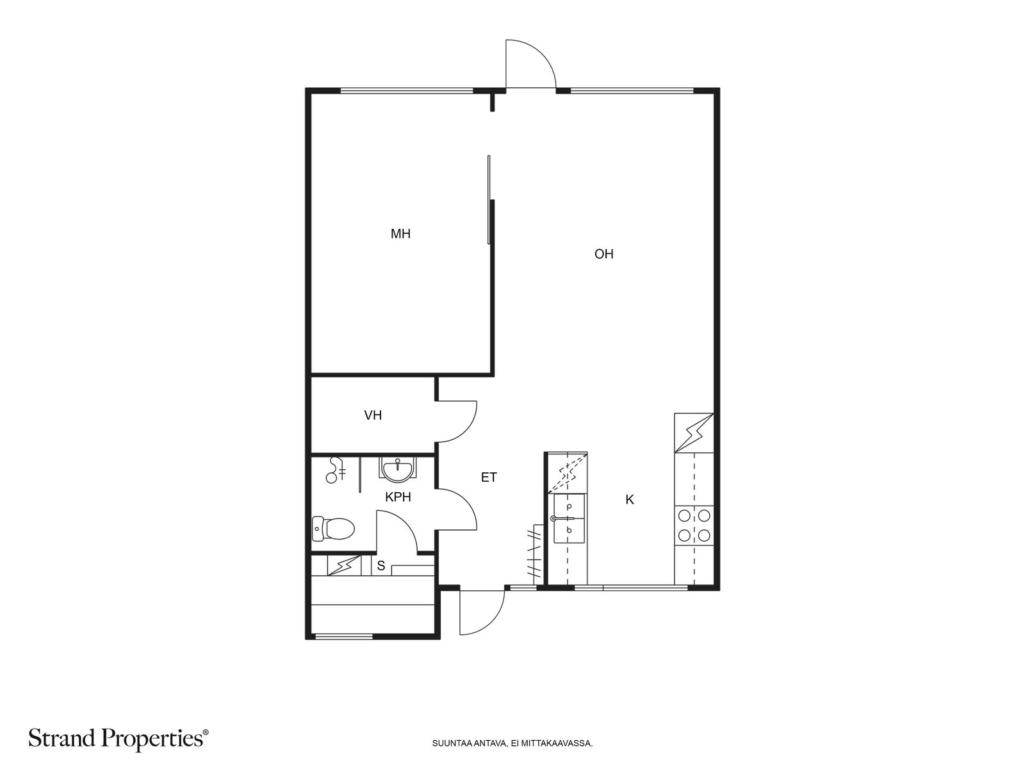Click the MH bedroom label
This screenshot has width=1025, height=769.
[x=400, y=233]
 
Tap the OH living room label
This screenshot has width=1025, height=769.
[x=603, y=254]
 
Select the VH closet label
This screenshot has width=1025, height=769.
[x=373, y=415]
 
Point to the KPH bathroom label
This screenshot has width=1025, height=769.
[x=398, y=497]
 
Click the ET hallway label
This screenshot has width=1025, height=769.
[x=488, y=477]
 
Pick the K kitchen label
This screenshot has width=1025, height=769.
[x=630, y=500]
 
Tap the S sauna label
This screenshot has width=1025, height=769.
[x=381, y=566]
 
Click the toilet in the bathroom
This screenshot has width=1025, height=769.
[x=333, y=529]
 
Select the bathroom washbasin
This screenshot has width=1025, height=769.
[x=397, y=470]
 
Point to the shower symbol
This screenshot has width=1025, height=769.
[x=336, y=470]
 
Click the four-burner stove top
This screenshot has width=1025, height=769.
[x=694, y=525]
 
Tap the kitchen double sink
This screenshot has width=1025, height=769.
[x=569, y=518]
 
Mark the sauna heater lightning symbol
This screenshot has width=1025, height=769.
[x=344, y=565]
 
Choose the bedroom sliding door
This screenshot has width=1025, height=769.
[x=489, y=199]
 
